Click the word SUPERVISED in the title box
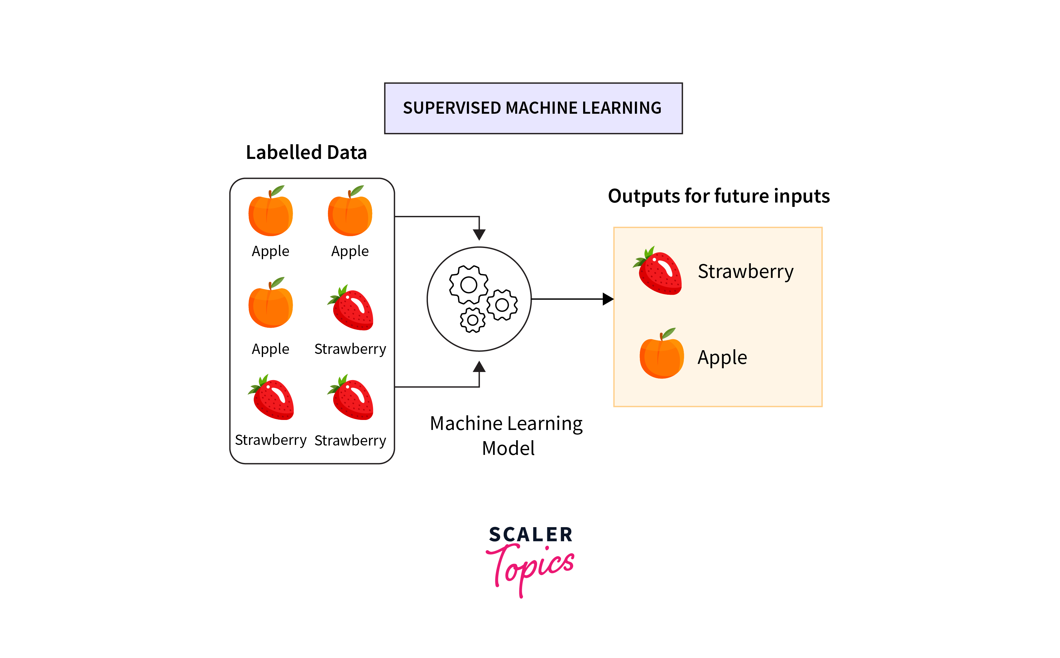click(451, 108)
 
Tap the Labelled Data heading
click(306, 153)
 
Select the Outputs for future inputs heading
click(718, 196)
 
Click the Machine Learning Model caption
click(507, 435)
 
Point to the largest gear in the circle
click(468, 285)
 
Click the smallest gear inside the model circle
click(472, 320)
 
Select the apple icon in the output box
click(661, 357)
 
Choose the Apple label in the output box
click(722, 358)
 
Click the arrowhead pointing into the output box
click(608, 299)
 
